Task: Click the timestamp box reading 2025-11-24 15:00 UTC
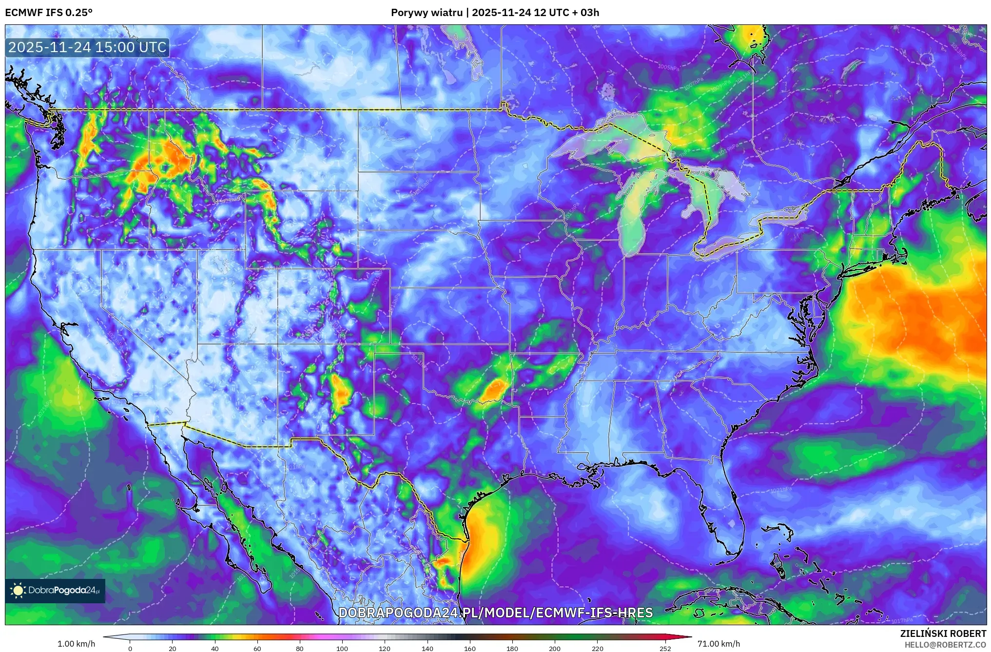(x=87, y=47)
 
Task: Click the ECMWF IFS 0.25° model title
(x=49, y=13)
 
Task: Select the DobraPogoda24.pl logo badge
(x=55, y=591)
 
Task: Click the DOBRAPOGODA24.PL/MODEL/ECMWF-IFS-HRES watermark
(x=495, y=613)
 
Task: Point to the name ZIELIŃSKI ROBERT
(x=943, y=633)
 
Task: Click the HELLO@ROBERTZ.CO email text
(x=945, y=645)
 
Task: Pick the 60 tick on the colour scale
(x=257, y=648)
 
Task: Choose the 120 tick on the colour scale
(x=385, y=648)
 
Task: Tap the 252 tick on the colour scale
(x=665, y=648)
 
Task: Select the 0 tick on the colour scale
(x=130, y=648)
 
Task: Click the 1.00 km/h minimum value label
(x=76, y=644)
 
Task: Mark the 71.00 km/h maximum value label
(x=719, y=644)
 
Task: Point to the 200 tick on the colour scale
(x=555, y=648)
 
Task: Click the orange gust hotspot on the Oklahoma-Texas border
(x=495, y=389)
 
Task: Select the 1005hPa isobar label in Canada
(x=668, y=67)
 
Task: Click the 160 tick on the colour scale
(x=470, y=648)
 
